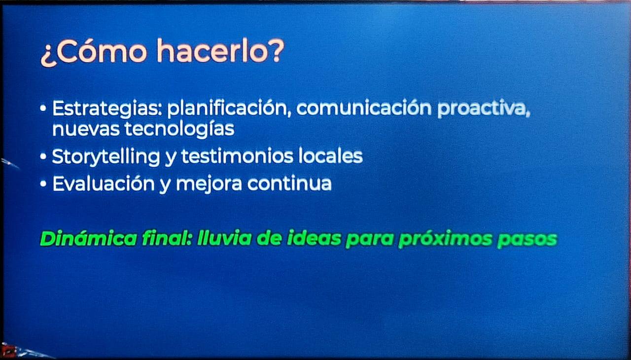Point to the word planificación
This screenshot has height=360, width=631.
[x=229, y=108]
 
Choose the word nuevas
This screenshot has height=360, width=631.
[x=86, y=129]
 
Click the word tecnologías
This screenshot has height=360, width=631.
[x=179, y=129]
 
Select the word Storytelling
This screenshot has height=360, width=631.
[x=106, y=157]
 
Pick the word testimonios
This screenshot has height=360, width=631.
[x=237, y=156]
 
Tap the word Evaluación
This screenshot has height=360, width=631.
[x=104, y=183]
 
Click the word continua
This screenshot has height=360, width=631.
[x=289, y=183]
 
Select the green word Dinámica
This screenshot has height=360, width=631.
[x=88, y=239]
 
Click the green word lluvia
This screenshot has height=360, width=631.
[x=224, y=239]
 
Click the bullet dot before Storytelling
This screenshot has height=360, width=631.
[x=43, y=156]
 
